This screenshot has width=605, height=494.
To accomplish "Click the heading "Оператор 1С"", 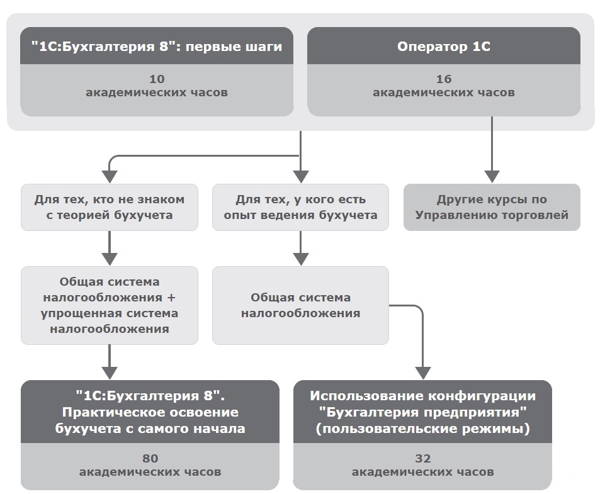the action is pos(444,47).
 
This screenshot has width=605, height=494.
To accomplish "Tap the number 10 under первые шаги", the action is pos(157,79).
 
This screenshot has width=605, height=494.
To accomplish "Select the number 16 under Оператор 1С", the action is pos(444,79).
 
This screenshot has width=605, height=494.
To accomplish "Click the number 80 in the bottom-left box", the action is pos(150,458).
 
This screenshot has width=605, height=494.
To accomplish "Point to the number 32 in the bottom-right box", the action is pos(423,458).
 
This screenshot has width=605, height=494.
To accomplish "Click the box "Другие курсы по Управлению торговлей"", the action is pos(492,208).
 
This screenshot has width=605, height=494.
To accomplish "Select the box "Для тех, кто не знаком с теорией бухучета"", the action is pos(110,208).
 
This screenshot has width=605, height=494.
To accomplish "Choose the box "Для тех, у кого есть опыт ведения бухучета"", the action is pos(300,208).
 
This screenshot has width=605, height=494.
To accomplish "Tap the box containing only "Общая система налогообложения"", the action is pos(300,305).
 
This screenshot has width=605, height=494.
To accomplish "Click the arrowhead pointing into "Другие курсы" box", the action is pos(492,177).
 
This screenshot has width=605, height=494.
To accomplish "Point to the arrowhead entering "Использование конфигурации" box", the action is pos(423,373).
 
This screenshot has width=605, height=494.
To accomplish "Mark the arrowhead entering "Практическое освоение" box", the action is pos(110,373).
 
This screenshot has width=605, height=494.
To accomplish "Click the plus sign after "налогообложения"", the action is pos(171,298).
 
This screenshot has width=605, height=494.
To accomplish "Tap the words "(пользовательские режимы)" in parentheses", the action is pos(423,429).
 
